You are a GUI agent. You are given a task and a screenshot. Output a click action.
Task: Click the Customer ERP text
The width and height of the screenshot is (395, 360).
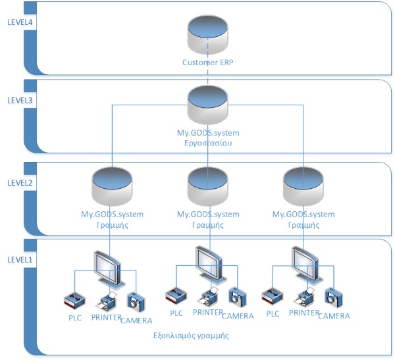[208, 63]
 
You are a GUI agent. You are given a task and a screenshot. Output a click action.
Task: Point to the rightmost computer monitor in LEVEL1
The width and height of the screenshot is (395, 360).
[304, 262]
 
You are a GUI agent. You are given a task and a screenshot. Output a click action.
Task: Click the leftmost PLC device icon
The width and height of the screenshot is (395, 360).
[74, 300]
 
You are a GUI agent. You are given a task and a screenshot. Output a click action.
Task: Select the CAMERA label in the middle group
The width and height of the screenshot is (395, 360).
[238, 316]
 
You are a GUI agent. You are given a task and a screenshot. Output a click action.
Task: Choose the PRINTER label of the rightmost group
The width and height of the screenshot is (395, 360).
[302, 314]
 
